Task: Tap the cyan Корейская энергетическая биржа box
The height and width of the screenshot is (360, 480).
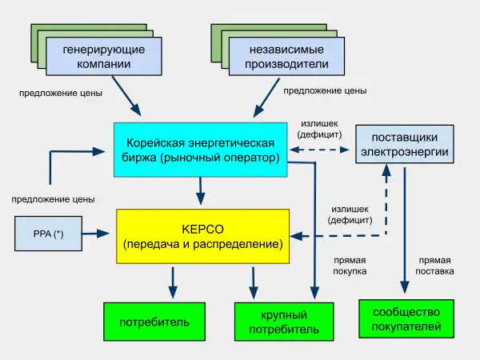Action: coord(201,150)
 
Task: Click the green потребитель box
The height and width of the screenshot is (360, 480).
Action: coord(154,322)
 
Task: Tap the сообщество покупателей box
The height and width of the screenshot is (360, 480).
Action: coord(406,319)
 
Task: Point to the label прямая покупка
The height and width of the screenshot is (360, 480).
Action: coord(350,266)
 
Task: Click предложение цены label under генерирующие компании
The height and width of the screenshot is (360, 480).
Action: coord(61,93)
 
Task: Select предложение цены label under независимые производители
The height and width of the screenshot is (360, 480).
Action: coord(325,91)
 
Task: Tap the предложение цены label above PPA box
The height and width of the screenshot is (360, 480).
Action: coord(54,198)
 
